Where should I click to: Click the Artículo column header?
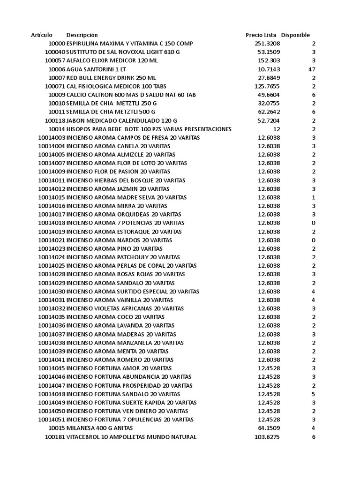point(42,35)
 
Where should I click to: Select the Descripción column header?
point(82,35)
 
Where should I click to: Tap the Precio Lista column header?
point(261,35)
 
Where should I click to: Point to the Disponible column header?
point(295,35)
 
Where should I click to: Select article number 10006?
point(56,69)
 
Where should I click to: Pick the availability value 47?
point(312,69)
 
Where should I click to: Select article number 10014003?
point(52,138)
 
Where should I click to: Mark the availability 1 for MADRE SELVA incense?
point(314,197)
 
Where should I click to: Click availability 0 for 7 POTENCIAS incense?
point(314,223)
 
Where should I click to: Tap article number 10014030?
point(52,292)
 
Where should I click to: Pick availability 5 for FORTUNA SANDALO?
point(314,394)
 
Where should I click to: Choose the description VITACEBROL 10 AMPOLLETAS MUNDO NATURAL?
point(132,437)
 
